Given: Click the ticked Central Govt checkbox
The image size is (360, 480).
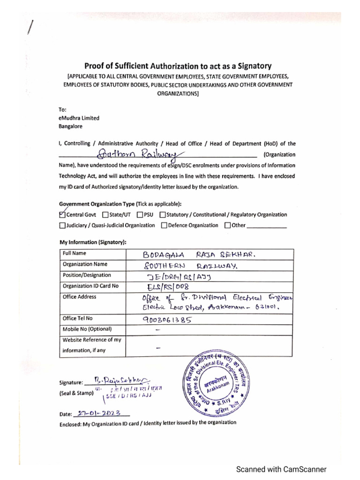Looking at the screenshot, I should click(62, 215).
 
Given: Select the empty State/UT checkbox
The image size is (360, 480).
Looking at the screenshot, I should click(105, 215).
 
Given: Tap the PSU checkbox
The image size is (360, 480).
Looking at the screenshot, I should click(140, 215).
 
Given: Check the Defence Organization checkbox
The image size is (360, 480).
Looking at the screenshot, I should click(164, 225).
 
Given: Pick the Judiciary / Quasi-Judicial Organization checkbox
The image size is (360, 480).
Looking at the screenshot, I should click(62, 225).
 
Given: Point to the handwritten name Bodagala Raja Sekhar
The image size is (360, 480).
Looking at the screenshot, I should click(199, 255).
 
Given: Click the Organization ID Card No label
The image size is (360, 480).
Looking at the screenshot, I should click(90, 285).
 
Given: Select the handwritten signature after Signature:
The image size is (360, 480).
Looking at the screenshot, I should click(121, 380).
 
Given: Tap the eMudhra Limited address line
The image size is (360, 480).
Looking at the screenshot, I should click(79, 119).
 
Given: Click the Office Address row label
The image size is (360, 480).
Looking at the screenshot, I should click(79, 297).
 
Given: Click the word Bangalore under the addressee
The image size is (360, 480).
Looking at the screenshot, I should click(70, 127).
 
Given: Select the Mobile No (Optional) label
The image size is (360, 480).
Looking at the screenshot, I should click(87, 329).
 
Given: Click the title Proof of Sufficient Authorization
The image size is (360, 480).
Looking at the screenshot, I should click(178, 66).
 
